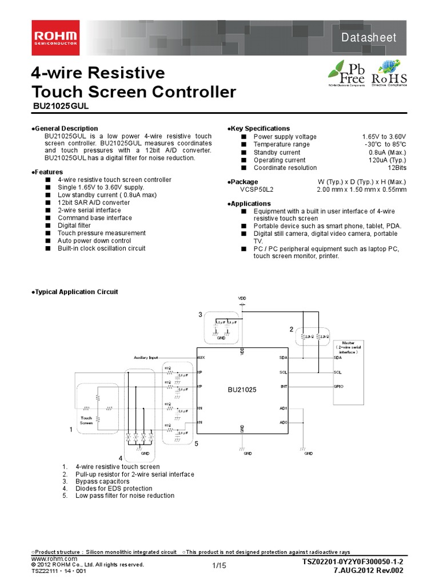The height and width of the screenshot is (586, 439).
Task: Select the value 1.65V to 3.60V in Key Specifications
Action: pos(384,137)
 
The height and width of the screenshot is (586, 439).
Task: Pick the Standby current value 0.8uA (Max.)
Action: pos(387,152)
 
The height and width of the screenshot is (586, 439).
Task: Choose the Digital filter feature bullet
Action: pos(74,225)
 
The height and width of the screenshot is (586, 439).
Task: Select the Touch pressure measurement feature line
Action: pos(93,233)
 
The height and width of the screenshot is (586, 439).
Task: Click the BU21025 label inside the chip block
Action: pos(242,390)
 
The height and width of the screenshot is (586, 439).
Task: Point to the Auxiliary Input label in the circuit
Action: pos(146,357)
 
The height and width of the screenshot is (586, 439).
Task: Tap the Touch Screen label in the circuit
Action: pos(86,420)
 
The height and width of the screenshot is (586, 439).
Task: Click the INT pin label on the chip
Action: pos(284,386)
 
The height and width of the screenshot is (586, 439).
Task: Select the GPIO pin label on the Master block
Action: pos(338,386)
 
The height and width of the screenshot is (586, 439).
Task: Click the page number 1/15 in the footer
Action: pos(219,566)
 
